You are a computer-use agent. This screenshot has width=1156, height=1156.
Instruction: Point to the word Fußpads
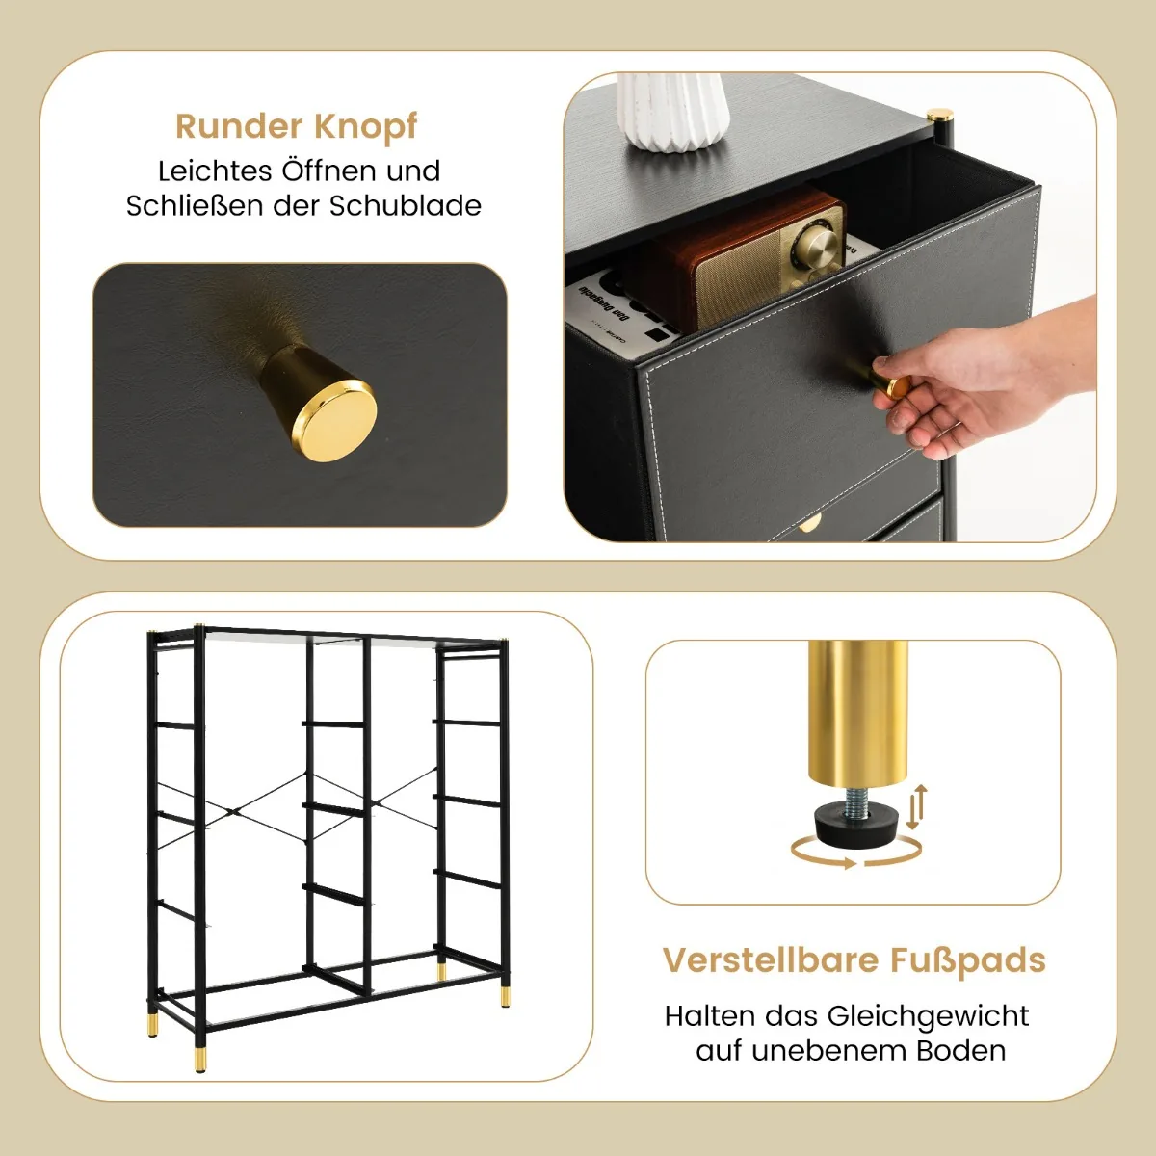pyautogui.click(x=967, y=961)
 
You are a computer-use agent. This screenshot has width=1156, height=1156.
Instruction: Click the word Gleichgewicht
pyautogui.click(x=928, y=1017)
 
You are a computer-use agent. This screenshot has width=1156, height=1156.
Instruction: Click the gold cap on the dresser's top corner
pyautogui.click(x=940, y=116)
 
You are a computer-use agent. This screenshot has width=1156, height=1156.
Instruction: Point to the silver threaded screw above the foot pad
pyautogui.click(x=857, y=802)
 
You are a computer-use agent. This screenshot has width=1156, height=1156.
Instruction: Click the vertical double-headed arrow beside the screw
pyautogui.click(x=916, y=807)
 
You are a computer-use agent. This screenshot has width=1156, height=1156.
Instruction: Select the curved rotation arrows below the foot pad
pyautogui.click(x=856, y=853)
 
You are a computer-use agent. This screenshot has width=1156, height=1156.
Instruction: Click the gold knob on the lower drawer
pyautogui.click(x=810, y=524)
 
